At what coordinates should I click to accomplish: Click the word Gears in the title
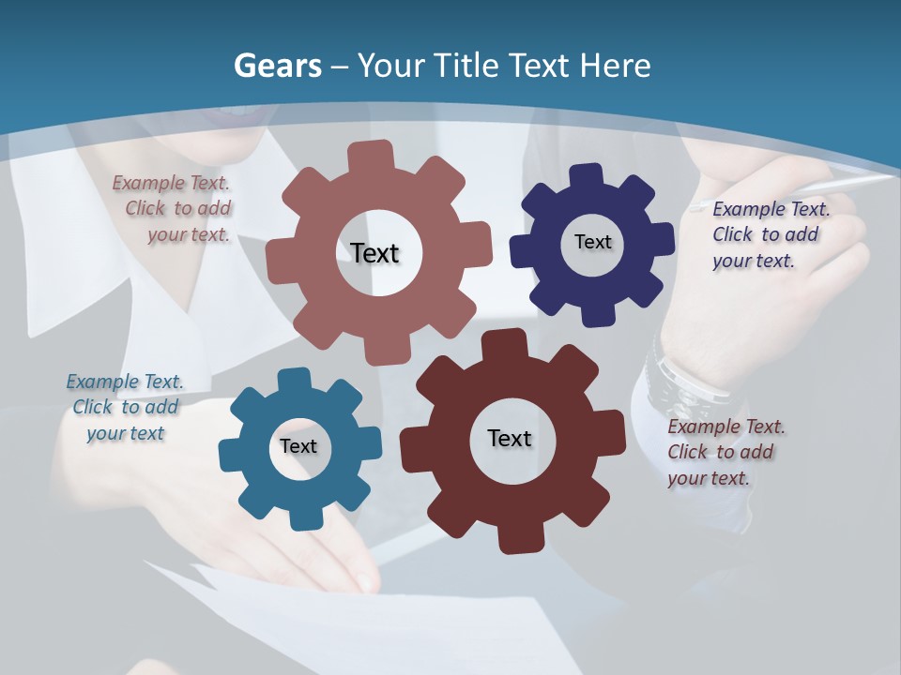[x=278, y=67]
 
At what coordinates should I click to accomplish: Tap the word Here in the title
[x=615, y=66]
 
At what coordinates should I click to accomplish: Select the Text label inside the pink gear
[x=374, y=253]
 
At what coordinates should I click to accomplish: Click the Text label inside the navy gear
[x=592, y=242]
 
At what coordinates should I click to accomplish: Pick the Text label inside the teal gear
[x=298, y=446]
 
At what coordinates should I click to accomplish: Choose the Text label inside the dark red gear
[x=510, y=438]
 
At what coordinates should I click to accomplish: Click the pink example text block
[x=174, y=209]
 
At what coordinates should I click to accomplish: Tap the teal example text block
[x=125, y=407]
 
